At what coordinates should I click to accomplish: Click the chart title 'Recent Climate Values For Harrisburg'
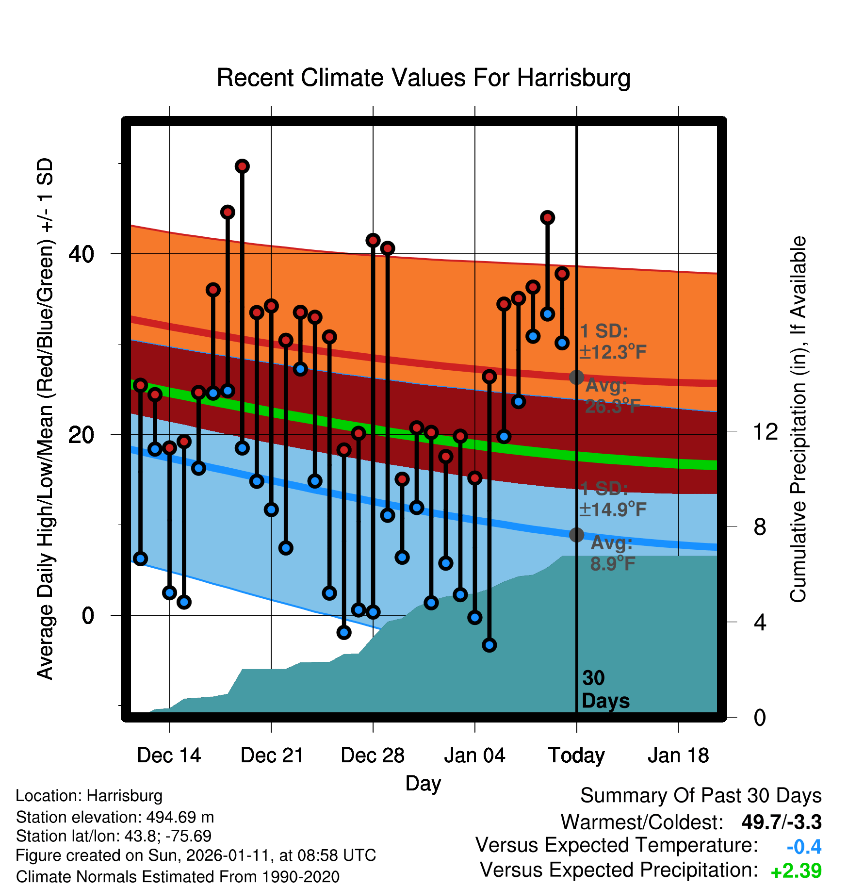(424, 78)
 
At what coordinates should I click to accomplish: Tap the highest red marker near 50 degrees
(242, 166)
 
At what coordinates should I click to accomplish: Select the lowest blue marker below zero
(489, 645)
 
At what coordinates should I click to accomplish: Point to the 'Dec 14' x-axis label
(169, 756)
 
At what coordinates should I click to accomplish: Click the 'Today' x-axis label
(576, 756)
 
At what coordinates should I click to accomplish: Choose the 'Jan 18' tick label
(678, 756)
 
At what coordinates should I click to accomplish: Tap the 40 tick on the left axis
(81, 254)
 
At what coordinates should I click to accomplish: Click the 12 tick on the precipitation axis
(765, 431)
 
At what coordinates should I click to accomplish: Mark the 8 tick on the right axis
(760, 526)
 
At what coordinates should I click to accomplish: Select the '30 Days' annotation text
(605, 690)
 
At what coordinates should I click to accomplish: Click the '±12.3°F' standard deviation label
(613, 352)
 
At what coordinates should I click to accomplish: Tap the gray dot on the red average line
(576, 377)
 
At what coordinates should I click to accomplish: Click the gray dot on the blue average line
(576, 535)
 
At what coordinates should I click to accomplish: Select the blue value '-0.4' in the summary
(804, 847)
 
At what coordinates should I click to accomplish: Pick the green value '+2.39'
(796, 871)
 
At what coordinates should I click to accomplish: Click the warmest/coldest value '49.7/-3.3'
(781, 822)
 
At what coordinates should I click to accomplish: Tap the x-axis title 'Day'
(423, 783)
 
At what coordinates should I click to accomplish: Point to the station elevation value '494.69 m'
(180, 817)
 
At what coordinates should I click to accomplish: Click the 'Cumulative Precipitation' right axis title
(798, 419)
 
